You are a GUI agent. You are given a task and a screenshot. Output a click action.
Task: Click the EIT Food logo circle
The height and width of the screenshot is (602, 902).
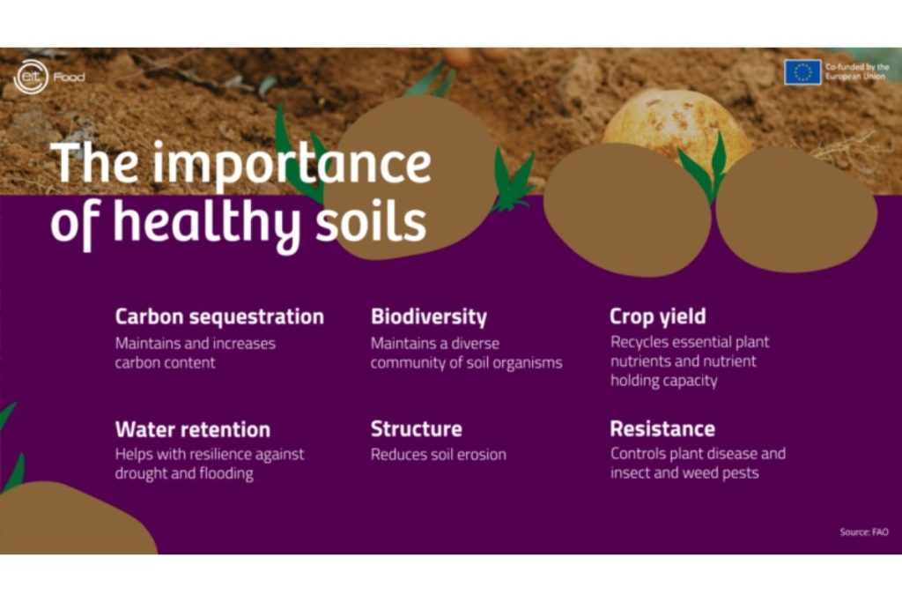(x=29, y=77)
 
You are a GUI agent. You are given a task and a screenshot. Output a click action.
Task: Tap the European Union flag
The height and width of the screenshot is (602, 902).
(x=802, y=72)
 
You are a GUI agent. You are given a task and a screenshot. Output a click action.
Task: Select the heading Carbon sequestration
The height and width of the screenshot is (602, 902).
(x=219, y=316)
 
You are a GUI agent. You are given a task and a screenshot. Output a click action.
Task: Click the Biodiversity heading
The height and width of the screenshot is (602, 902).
(x=428, y=316)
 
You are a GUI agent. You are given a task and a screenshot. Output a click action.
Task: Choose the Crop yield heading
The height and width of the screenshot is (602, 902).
(x=657, y=316)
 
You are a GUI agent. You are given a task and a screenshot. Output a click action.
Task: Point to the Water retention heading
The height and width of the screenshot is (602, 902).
(x=192, y=430)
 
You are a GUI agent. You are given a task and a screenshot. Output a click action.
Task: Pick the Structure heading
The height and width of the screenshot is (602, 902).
(x=416, y=429)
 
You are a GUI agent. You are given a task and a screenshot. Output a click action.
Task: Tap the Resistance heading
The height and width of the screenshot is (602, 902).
(x=662, y=429)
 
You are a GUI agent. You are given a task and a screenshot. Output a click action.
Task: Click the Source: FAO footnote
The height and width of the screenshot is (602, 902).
(x=863, y=531)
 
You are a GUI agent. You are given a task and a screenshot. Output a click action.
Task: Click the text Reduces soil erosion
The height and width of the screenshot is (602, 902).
(x=438, y=455)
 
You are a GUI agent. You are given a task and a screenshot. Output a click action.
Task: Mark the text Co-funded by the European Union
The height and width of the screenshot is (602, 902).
(x=856, y=72)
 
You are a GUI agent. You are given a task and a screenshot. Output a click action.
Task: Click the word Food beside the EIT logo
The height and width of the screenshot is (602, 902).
(x=69, y=78)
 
